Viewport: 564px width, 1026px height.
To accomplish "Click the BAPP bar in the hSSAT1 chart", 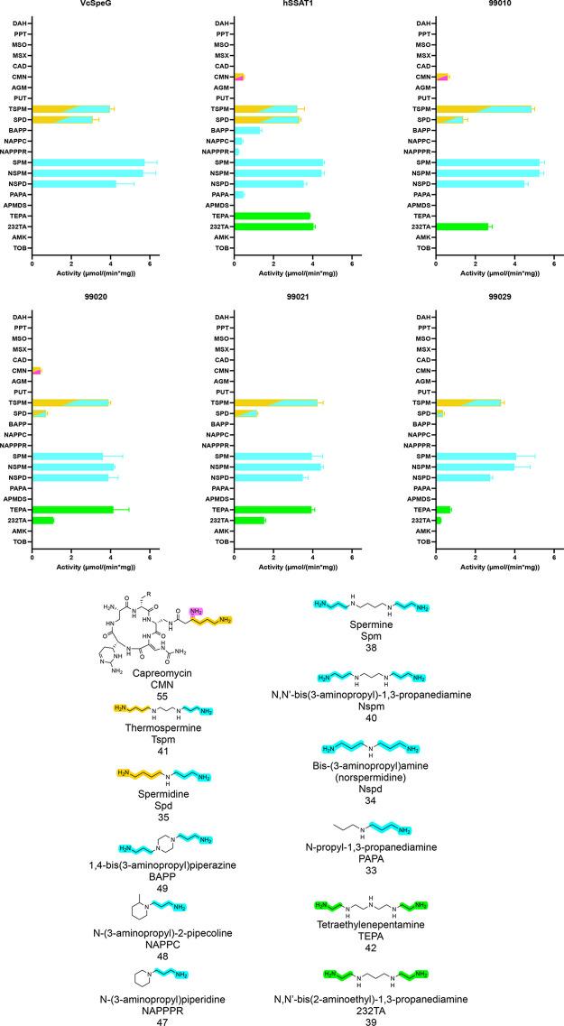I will pos(246,130).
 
